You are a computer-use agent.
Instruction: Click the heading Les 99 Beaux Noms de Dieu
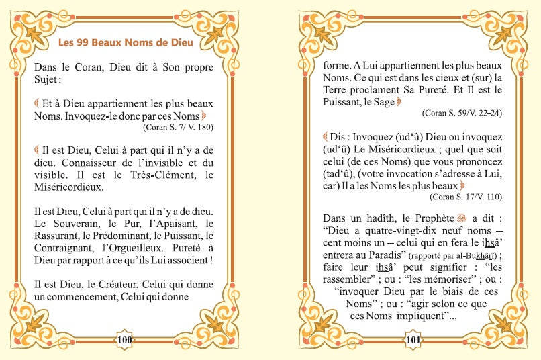click(x=126, y=43)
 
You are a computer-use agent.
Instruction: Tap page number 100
click(x=125, y=340)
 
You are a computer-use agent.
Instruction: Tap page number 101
click(x=413, y=340)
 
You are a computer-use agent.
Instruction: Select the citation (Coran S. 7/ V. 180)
click(x=178, y=126)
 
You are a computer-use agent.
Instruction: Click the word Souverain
click(x=73, y=223)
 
